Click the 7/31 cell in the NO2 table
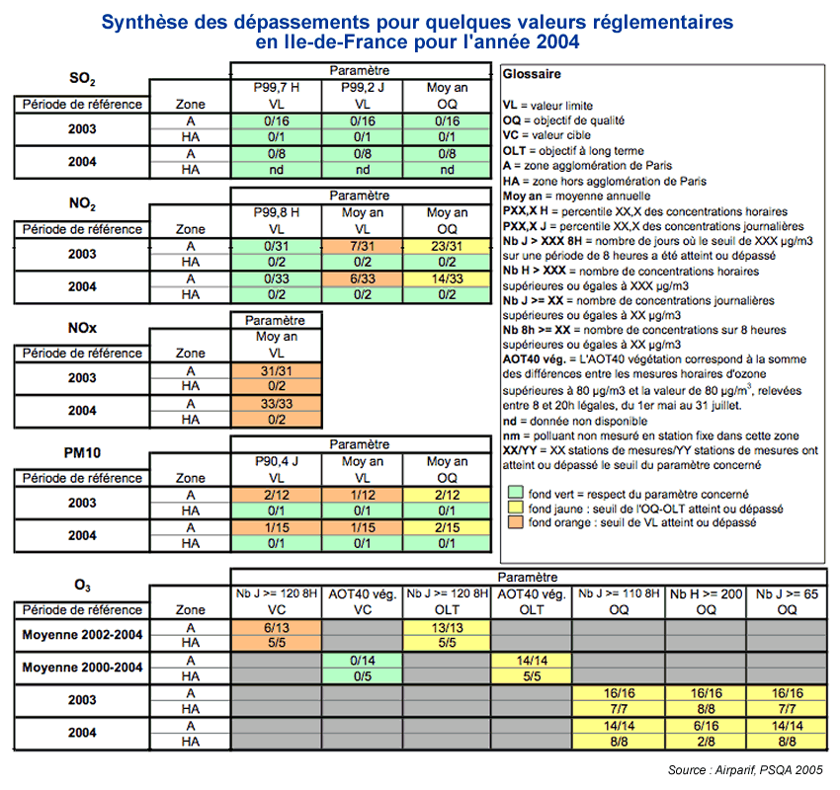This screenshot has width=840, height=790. [362, 246]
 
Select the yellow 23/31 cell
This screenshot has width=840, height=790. [447, 246]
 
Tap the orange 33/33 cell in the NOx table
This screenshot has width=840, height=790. [277, 404]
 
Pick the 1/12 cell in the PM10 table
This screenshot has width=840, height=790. [362, 495]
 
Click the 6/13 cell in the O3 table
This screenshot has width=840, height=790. [277, 628]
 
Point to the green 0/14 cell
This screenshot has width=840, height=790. [362, 661]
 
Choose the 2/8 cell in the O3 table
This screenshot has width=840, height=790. [706, 742]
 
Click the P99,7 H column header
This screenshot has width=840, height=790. [277, 87]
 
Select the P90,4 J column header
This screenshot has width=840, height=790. [277, 461]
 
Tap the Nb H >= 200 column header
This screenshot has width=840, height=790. [706, 594]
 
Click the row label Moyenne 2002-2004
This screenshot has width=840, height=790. [82, 635]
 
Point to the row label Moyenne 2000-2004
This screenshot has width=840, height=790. [82, 668]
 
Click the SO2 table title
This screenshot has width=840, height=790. [82, 79]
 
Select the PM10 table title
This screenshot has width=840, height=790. [82, 453]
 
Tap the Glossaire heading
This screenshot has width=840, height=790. [532, 74]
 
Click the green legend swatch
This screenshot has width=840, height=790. [515, 493]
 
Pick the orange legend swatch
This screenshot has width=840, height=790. [515, 521]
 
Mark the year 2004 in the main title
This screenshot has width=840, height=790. [557, 41]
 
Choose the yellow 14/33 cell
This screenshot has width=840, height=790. [447, 278]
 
